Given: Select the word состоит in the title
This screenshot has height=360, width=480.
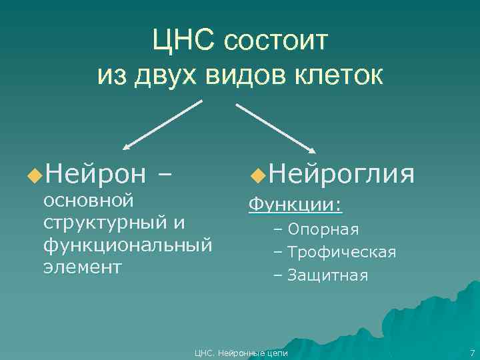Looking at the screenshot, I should (276, 41).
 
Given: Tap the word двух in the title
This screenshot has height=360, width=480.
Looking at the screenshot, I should (166, 75).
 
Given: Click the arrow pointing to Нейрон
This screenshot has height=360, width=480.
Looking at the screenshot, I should (163, 123).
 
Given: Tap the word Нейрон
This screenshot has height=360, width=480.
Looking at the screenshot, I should (96, 175).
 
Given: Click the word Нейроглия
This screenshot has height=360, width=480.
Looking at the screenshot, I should (343, 175).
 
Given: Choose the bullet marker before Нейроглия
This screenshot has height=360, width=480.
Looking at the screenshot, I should (258, 175).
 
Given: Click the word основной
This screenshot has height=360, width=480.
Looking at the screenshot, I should (89, 200).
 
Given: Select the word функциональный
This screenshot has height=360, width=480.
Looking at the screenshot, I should (127, 245).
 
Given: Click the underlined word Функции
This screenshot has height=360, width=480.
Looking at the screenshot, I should (294, 204).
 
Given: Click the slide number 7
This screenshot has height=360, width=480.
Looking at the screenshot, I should (472, 353).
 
